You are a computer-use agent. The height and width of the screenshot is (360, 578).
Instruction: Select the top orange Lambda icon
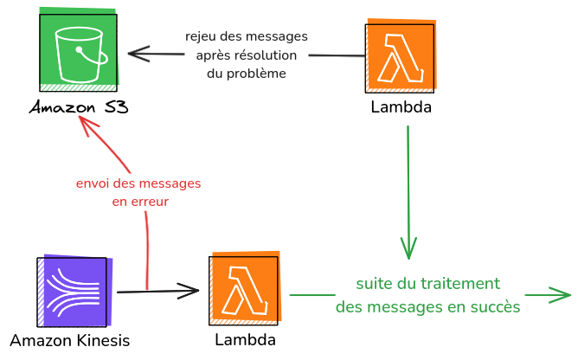point(401,56)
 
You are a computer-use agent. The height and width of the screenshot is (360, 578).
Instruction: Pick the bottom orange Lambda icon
point(245,288)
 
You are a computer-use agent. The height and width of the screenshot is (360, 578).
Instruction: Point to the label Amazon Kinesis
point(70,341)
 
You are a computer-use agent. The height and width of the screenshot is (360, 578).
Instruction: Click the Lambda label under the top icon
point(401,108)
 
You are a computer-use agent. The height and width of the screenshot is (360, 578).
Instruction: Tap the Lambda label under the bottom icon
point(245,340)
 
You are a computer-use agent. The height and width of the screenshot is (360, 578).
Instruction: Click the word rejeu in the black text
point(201,36)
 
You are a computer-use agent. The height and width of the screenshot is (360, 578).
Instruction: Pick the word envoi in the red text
point(93,183)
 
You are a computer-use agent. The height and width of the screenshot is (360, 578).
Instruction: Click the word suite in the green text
point(375,284)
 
